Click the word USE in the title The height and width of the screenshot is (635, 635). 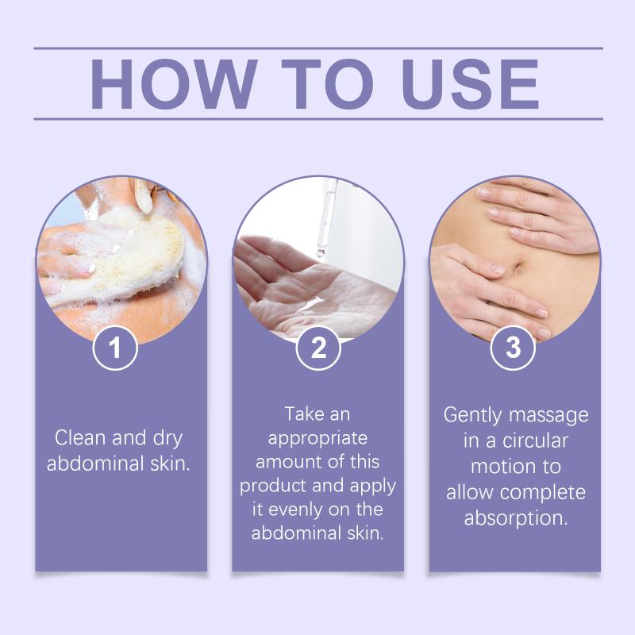[x=470, y=84]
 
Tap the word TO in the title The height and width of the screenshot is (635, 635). [x=327, y=84]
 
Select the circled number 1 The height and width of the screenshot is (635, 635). [x=115, y=348]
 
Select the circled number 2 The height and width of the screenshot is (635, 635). [x=318, y=348]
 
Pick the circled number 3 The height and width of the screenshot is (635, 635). [x=513, y=348]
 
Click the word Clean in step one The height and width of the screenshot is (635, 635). [x=81, y=438]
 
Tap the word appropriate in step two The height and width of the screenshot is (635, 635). [x=317, y=439]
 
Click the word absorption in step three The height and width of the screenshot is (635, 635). [x=515, y=519]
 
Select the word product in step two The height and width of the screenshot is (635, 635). [x=272, y=487]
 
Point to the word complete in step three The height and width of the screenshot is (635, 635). [x=543, y=493]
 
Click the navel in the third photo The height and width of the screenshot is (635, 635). [x=517, y=268]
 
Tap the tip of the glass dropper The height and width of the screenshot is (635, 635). [x=321, y=254]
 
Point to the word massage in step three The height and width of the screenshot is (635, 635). [x=548, y=416]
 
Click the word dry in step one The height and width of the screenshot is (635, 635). [x=168, y=439]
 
